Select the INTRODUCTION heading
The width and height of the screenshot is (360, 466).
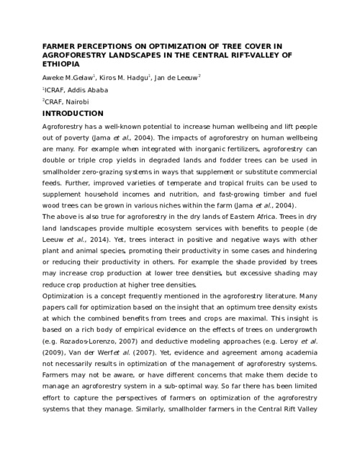point(73,114)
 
